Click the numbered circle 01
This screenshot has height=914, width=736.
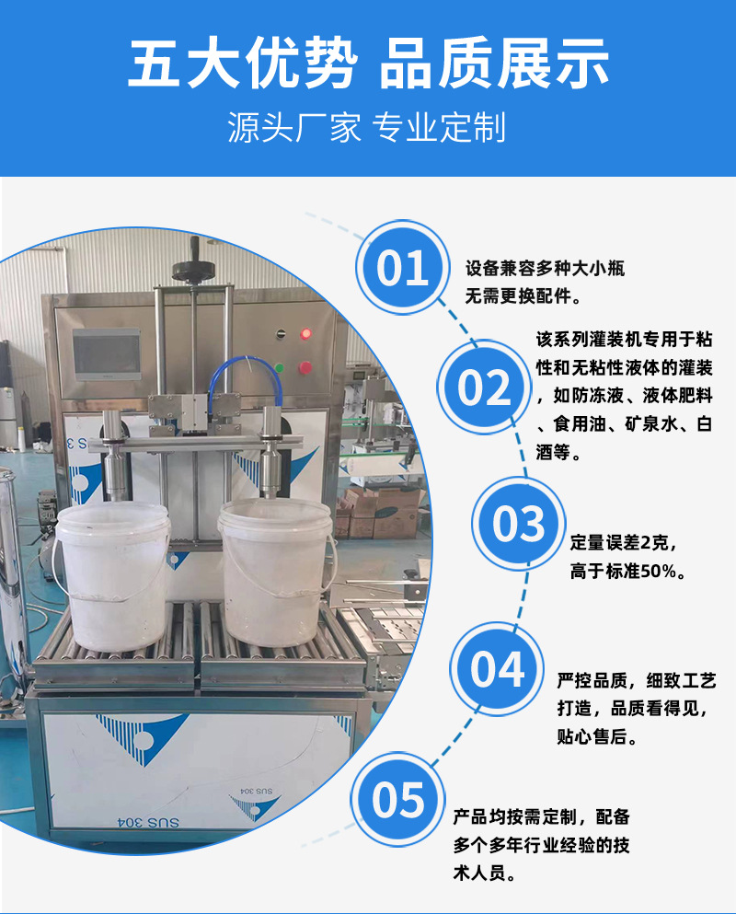click(x=403, y=268)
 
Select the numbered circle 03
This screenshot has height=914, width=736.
click(x=519, y=524)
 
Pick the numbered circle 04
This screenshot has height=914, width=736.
click(x=497, y=668)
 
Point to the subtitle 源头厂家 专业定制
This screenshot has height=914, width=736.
click(x=368, y=128)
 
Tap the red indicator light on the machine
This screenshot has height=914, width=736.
click(x=305, y=333)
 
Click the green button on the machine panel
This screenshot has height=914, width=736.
click(x=305, y=368)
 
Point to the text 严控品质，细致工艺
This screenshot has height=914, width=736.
click(x=636, y=681)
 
